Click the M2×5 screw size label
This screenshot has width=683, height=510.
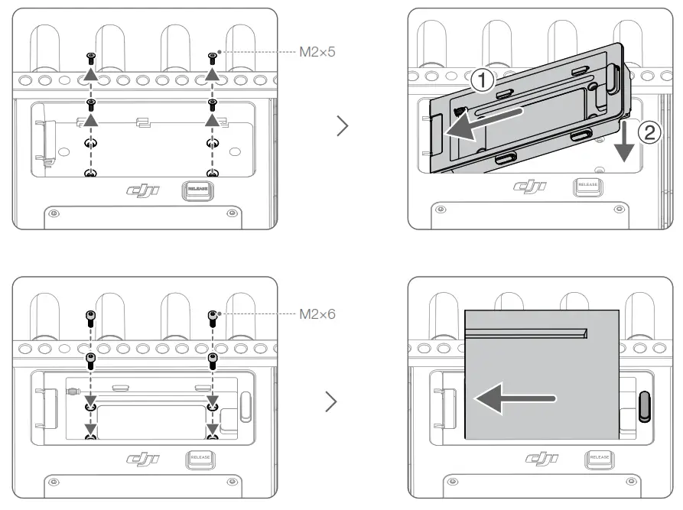coord(317,53)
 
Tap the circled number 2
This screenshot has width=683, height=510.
coord(649,133)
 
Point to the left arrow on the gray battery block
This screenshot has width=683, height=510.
coord(512,398)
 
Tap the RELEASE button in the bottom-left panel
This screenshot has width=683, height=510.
coord(200,459)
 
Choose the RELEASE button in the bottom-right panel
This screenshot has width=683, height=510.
coord(599,459)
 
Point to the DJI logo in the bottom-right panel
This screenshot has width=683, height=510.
coord(543,459)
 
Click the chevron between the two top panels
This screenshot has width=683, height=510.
coord(343,127)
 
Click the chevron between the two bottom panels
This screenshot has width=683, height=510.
coord(331,402)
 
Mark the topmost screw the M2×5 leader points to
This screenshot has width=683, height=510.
coord(213,57)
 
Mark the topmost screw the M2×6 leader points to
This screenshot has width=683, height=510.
coord(213,314)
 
